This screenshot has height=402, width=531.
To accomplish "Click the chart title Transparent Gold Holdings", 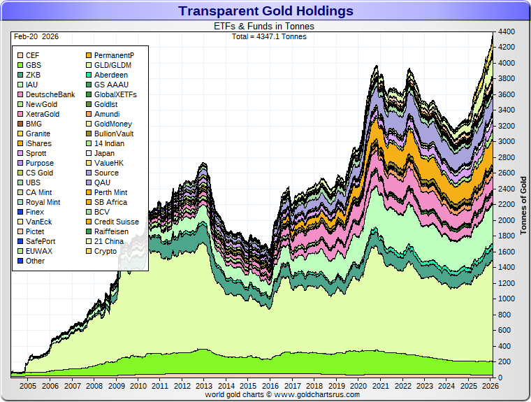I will (265, 11).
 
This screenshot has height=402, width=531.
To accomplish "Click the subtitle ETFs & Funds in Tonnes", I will (263, 26).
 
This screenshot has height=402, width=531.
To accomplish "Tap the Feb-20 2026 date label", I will (33, 35).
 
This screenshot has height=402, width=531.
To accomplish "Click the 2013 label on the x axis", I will (204, 386).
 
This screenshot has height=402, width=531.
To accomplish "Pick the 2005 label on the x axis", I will (28, 386).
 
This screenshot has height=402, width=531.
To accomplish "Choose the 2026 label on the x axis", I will (490, 386).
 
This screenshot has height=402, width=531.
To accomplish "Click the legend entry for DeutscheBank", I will (50, 94).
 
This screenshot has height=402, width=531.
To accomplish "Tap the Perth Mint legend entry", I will (110, 192).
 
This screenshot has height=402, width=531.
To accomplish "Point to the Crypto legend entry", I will (106, 251).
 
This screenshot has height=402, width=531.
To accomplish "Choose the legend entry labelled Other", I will (35, 261).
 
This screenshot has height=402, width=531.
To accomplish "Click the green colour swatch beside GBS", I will (20, 65).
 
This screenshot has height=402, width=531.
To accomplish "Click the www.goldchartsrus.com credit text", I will (282, 395).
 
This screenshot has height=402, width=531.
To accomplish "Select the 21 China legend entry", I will (109, 241).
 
